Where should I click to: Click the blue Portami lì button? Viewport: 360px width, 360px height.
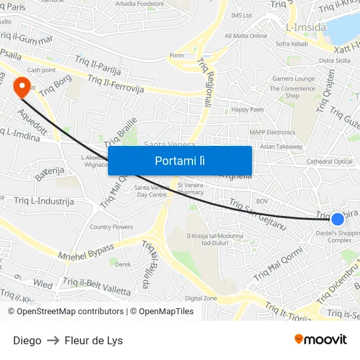point(180,160)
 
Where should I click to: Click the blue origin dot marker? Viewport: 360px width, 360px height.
point(338,219)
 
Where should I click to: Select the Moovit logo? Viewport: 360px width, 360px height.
point(320,340)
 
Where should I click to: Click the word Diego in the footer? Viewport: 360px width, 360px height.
point(27,340)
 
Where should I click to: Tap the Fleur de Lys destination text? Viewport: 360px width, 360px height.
point(94,340)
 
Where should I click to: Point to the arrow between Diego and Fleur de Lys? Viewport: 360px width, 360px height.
point(53,340)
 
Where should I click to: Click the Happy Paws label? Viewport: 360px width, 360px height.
point(247,109)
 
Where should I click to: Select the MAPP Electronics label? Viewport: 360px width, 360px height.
point(272,132)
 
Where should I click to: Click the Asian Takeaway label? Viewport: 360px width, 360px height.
point(281,147)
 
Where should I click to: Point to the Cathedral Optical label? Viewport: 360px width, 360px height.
point(329,162)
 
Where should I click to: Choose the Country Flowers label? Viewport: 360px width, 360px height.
point(111,227)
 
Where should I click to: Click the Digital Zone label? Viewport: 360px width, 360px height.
point(201,298)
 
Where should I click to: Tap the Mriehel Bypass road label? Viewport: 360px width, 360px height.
point(86,251)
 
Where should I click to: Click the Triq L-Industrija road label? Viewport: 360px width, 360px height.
point(44,201)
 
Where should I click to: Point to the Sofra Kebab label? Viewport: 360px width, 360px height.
point(292,44)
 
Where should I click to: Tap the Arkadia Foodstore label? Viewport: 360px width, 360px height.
point(139,3)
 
